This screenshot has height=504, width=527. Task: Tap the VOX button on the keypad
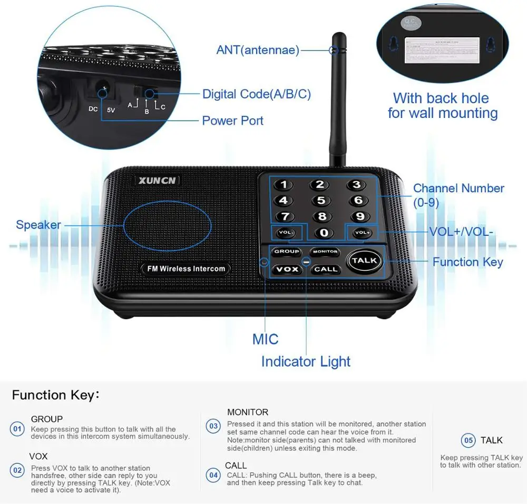click(x=287, y=269)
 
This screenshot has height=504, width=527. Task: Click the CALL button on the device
click(x=325, y=269)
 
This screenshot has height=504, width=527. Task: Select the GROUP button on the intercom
click(x=287, y=252)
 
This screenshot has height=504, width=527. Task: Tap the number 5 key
click(x=320, y=201)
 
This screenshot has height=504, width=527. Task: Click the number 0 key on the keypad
click(x=324, y=233)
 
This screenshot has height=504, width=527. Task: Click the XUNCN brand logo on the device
click(x=158, y=181)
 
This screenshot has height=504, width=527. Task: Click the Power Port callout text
click(x=232, y=121)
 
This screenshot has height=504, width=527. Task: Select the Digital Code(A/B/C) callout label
click(x=257, y=94)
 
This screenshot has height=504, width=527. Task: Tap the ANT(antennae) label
click(x=258, y=50)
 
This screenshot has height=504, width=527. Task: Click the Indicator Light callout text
click(x=306, y=362)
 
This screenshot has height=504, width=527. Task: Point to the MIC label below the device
click(x=265, y=339)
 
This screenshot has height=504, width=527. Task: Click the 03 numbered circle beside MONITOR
click(x=213, y=426)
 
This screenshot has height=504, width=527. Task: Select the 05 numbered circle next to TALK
click(x=468, y=440)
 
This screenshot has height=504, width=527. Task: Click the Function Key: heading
click(x=55, y=395)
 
